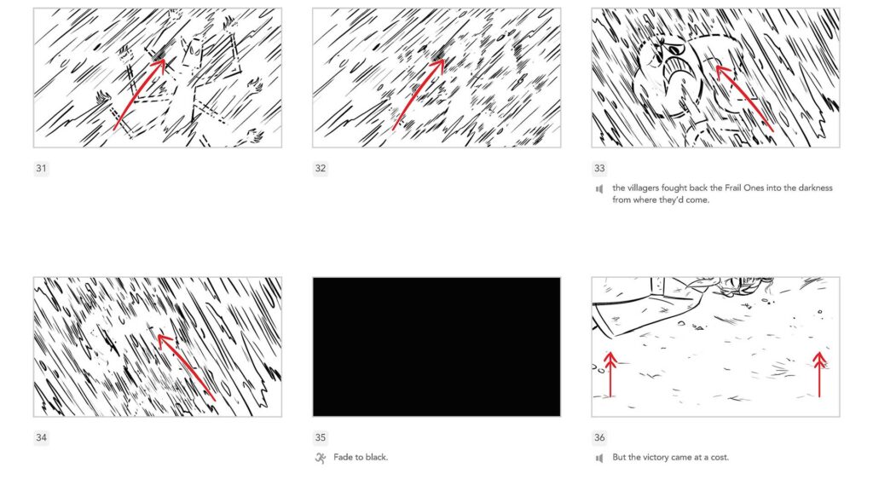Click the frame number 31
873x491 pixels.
point(41,169)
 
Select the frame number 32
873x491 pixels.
point(320,169)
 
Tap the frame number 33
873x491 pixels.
point(599,169)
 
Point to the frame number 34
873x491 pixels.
point(41,438)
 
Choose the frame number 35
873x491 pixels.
point(320,438)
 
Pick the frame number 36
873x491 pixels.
point(599,438)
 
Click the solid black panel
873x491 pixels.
point(436,346)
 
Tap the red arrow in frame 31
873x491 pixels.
point(139,94)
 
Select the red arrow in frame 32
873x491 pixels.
point(418,94)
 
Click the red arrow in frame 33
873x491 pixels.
point(743,97)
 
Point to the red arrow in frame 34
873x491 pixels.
point(185,367)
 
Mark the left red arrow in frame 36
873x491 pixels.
point(610,375)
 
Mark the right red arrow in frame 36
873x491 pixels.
point(819,375)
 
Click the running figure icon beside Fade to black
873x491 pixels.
point(321,458)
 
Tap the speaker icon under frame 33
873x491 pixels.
point(599,188)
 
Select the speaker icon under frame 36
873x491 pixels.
point(599,458)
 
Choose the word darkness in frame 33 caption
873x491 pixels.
point(810,188)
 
